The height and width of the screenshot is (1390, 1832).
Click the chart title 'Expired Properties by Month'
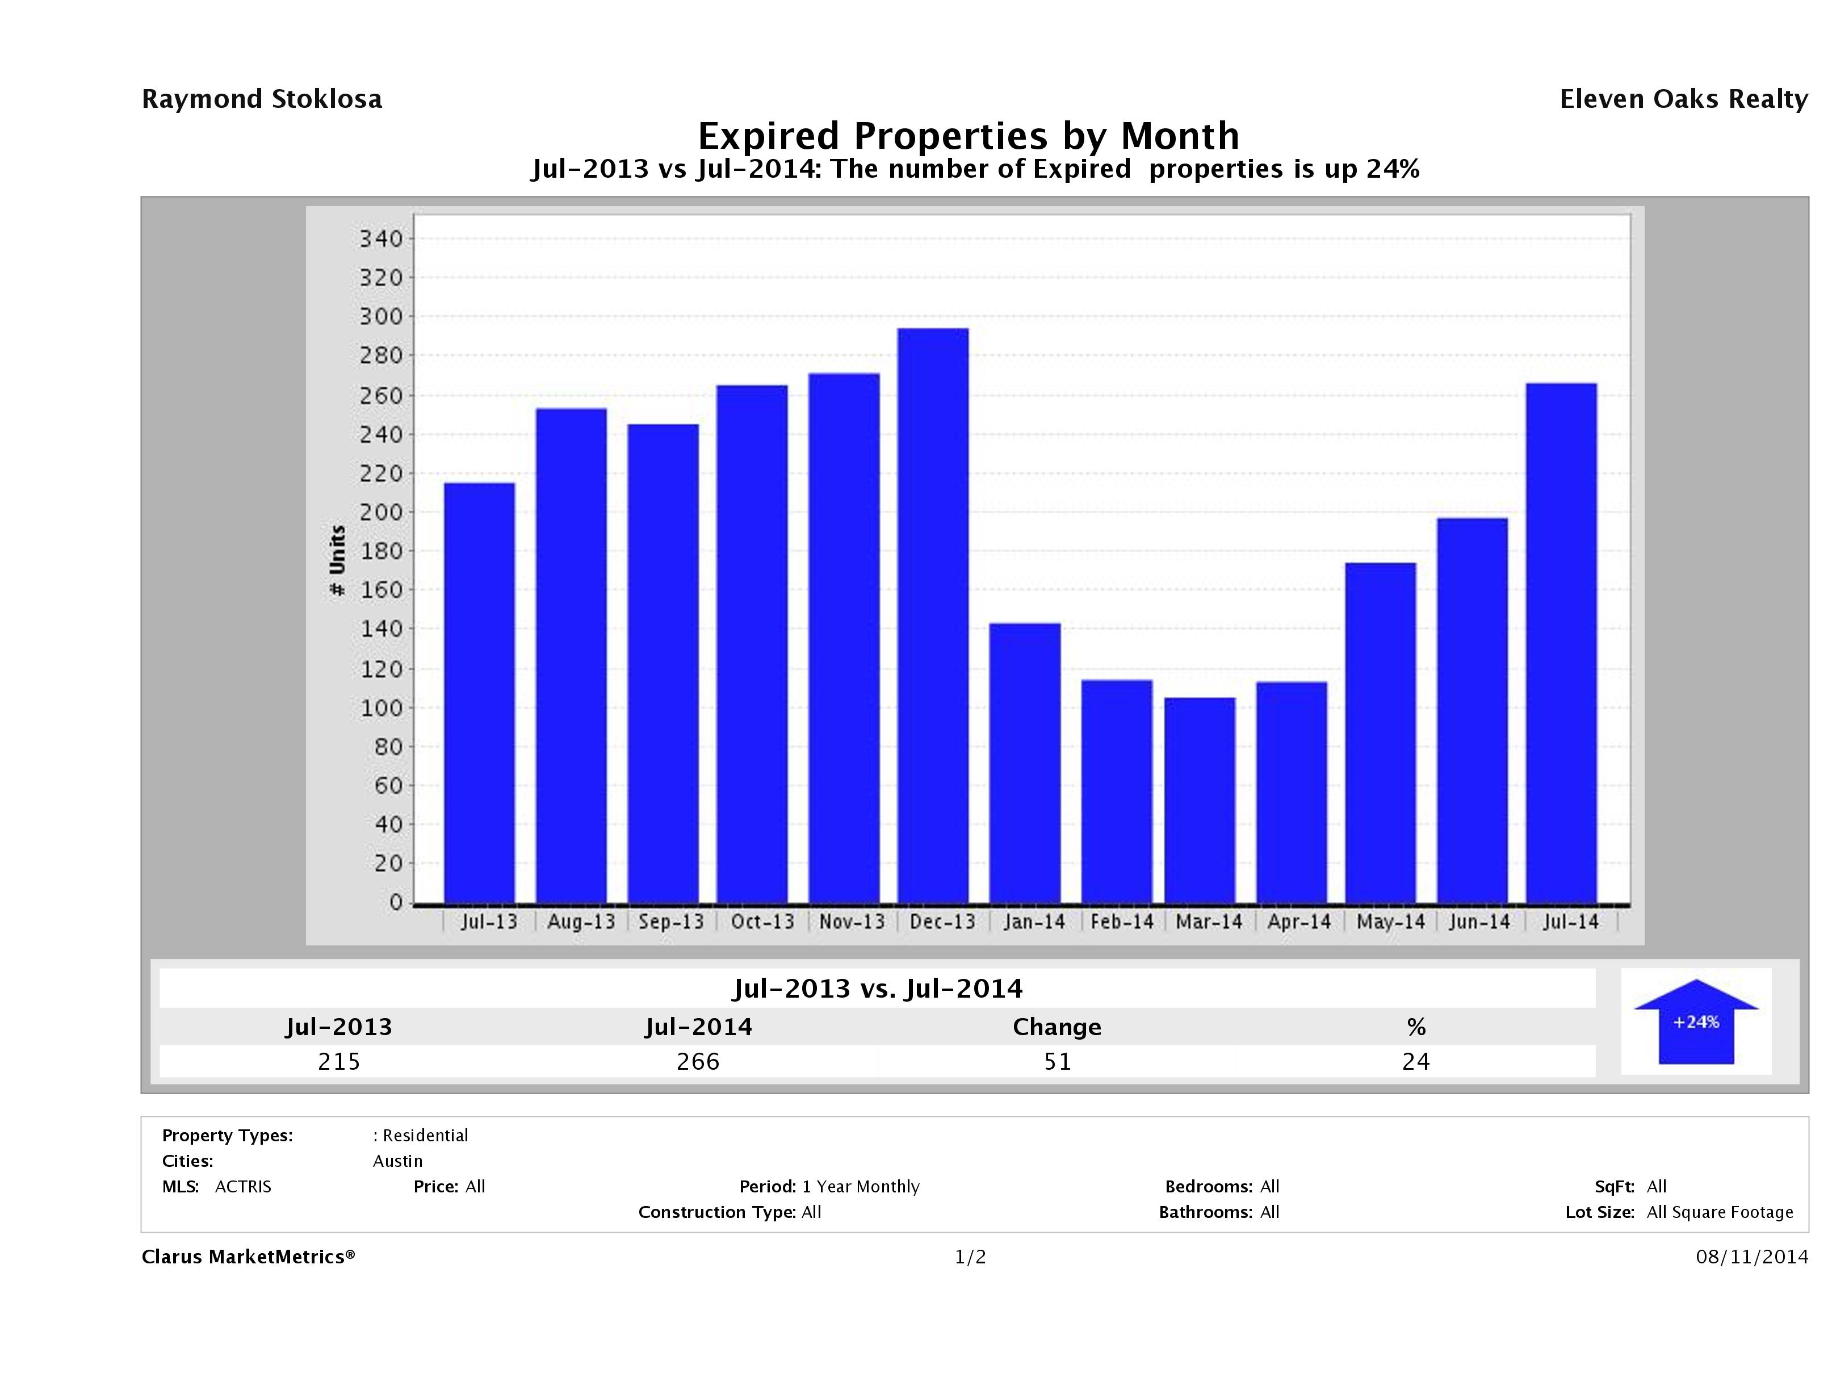tap(968, 135)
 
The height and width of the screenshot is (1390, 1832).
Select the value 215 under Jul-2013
tap(339, 1061)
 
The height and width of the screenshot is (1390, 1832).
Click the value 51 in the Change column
tap(1057, 1061)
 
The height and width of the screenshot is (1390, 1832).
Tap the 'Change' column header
tap(1057, 1027)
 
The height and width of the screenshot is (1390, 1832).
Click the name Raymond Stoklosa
tap(262, 99)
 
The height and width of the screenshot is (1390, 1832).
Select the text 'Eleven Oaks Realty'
tap(1683, 99)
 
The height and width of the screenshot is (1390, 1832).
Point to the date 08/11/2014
tap(1751, 1257)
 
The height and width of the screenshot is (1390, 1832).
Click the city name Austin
tap(397, 1161)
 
